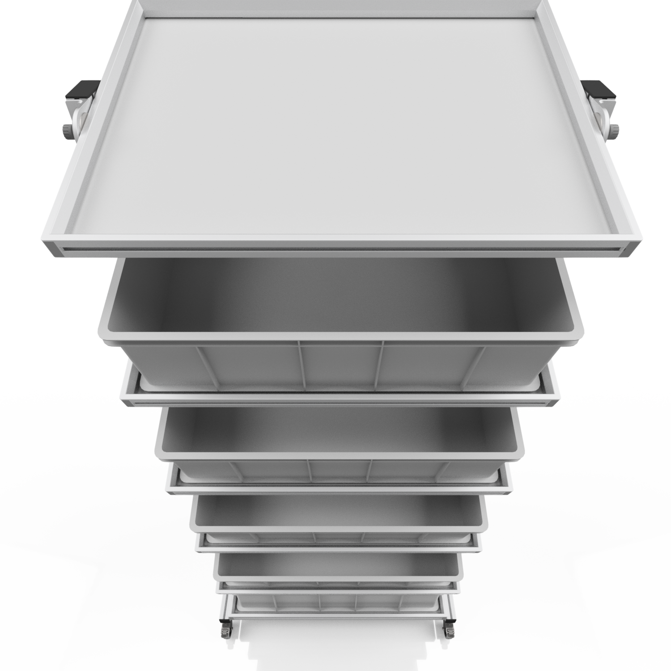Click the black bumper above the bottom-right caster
click(449, 621)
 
